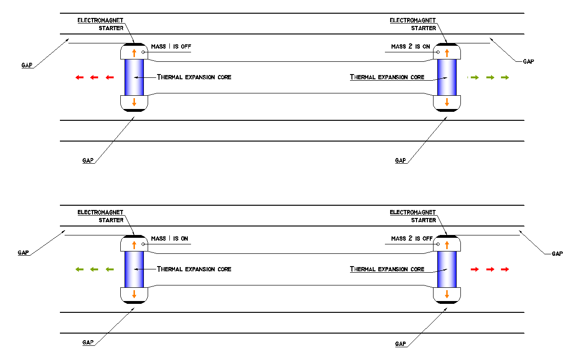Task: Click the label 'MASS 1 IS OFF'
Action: [x=171, y=46]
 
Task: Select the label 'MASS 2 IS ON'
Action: [x=410, y=46]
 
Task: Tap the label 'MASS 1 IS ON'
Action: [x=169, y=239]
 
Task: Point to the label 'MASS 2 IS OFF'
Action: [x=412, y=239]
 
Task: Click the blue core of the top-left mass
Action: [x=134, y=77]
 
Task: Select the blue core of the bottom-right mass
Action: [x=447, y=269]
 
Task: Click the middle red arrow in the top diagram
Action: [x=94, y=77]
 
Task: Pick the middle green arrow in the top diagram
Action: [x=490, y=77]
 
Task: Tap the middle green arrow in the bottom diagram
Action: [x=94, y=269]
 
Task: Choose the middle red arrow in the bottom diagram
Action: [x=490, y=269]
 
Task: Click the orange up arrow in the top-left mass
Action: [x=134, y=53]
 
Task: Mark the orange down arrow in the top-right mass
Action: [x=447, y=102]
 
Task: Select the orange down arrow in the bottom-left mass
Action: [x=134, y=294]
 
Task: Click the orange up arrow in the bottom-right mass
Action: [x=447, y=245]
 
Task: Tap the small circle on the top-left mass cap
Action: [x=143, y=52]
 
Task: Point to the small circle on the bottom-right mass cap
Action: [x=438, y=244]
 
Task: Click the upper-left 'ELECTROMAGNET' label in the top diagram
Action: [x=100, y=20]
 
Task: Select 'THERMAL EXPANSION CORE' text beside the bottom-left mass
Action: [x=194, y=269]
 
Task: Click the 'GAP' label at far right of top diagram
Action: [x=528, y=61]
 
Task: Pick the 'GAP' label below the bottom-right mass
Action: [x=400, y=344]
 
